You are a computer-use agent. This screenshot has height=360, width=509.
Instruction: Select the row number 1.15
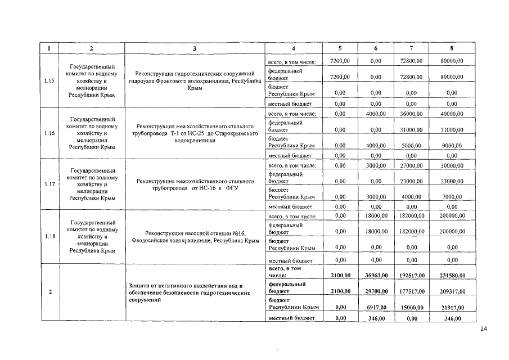click(x=49, y=81)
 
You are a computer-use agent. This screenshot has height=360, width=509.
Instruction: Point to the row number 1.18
click(x=49, y=236)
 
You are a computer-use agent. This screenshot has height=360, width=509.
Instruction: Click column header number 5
click(x=340, y=49)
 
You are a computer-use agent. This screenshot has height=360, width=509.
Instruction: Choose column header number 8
click(x=452, y=49)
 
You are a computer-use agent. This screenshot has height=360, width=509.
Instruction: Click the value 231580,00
click(x=452, y=276)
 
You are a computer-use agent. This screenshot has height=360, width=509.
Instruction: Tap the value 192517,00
click(x=411, y=276)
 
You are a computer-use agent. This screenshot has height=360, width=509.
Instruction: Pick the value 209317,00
click(x=452, y=291)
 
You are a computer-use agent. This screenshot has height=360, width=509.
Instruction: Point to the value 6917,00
click(x=375, y=307)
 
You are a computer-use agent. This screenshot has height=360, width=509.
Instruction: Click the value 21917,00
click(x=452, y=307)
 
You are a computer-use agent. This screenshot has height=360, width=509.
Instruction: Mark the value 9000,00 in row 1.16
click(x=452, y=145)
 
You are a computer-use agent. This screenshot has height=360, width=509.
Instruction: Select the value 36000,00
click(x=411, y=114)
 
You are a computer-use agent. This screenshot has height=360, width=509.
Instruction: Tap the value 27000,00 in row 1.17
click(x=411, y=166)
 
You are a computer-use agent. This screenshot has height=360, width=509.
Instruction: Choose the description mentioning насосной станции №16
click(x=195, y=237)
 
